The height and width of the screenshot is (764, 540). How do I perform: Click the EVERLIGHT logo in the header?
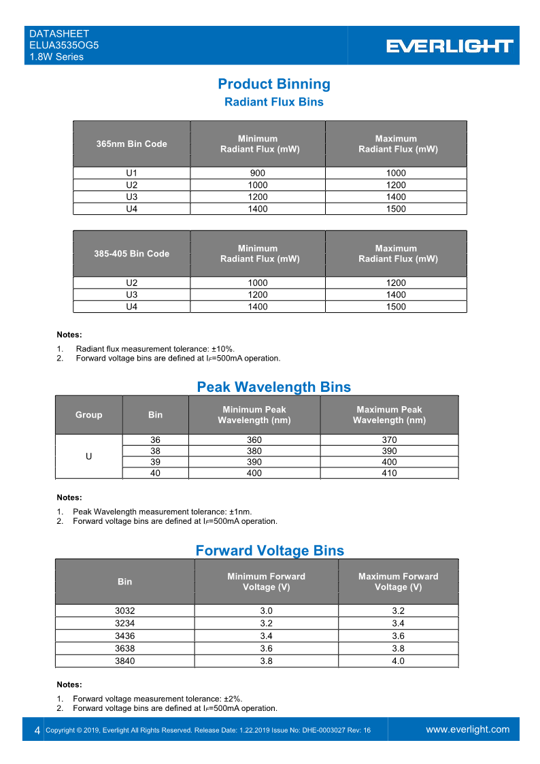click(x=450, y=46)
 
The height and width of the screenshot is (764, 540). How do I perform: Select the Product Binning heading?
click(x=274, y=84)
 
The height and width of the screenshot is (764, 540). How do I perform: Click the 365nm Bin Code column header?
click(x=131, y=144)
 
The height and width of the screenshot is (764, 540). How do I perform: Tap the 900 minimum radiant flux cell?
click(x=258, y=173)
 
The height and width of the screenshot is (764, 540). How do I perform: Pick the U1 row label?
click(x=132, y=173)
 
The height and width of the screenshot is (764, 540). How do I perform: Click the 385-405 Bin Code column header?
click(x=131, y=253)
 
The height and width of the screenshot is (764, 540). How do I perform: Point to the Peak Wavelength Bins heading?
click(x=273, y=386)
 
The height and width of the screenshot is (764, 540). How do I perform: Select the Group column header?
click(x=88, y=414)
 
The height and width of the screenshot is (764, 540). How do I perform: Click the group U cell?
click(x=88, y=456)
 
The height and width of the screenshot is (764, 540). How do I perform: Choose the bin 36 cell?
click(x=155, y=439)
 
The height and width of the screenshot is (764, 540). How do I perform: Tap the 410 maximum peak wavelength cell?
click(x=389, y=473)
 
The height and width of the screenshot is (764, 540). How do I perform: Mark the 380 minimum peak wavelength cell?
click(x=254, y=450)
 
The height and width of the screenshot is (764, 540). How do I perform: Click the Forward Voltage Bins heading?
click(x=269, y=550)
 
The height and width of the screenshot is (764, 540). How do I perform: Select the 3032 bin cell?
click(x=125, y=611)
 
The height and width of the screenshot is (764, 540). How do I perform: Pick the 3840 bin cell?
click(x=125, y=661)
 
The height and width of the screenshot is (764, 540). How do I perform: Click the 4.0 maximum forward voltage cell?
click(x=398, y=661)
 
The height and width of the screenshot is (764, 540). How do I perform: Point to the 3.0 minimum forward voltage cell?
click(x=266, y=611)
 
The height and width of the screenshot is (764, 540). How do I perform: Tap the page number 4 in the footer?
click(x=37, y=730)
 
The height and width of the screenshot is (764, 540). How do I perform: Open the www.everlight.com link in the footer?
click(x=467, y=729)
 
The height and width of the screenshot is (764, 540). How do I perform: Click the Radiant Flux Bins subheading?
click(x=273, y=102)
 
